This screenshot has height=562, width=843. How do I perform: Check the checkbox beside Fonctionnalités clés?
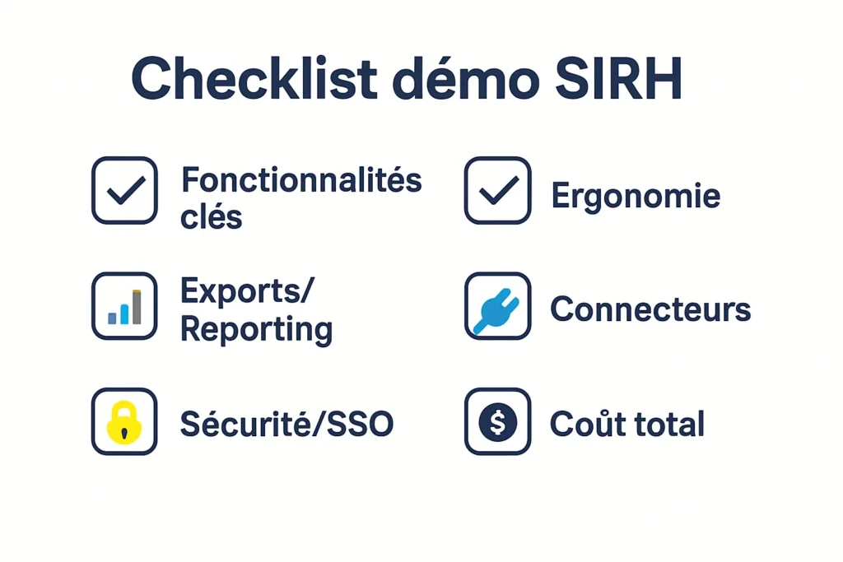[x=124, y=190]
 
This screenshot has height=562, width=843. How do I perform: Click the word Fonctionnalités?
[x=301, y=179]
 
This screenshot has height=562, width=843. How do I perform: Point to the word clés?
[x=212, y=217]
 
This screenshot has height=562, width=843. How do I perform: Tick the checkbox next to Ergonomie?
[x=497, y=190]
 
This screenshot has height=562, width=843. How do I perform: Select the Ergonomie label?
[x=635, y=196]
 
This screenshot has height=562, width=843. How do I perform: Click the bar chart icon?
[x=124, y=306]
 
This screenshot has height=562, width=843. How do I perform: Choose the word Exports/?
[x=247, y=290]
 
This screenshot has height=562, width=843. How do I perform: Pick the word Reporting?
[x=256, y=329]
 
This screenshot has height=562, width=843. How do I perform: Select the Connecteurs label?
[x=650, y=309]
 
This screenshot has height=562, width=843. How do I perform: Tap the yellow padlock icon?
[x=124, y=422]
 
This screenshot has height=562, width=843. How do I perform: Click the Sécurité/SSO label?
[x=286, y=424]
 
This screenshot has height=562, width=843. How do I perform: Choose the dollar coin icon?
[x=497, y=422]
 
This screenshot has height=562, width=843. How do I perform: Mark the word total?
[x=667, y=424]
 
